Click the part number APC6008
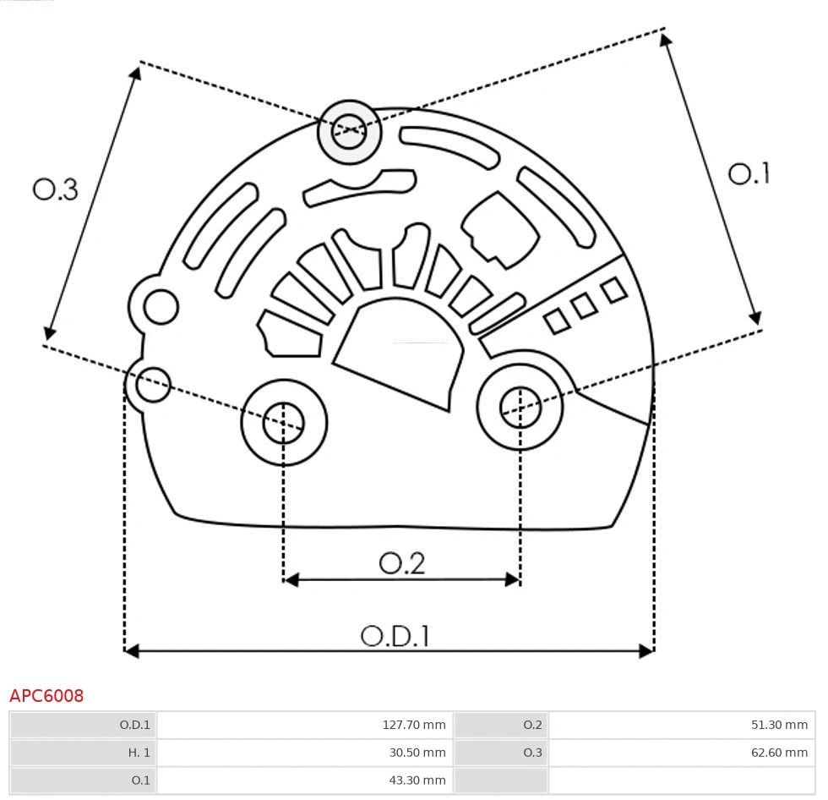[46, 696]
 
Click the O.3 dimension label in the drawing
[56, 189]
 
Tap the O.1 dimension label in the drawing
[749, 174]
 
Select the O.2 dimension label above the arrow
[401, 563]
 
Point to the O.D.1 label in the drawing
[395, 636]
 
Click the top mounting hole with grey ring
[349, 131]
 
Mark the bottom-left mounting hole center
[284, 423]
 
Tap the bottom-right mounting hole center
[520, 408]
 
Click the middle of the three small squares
[584, 306]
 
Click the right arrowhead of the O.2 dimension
[513, 579]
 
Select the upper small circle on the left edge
[161, 307]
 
